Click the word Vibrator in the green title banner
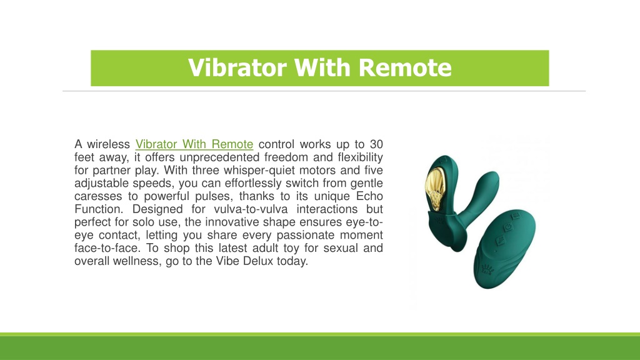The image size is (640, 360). pyautogui.click(x=237, y=67)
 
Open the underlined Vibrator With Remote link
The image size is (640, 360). pyautogui.click(x=194, y=144)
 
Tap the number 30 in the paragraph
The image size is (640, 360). pyautogui.click(x=376, y=144)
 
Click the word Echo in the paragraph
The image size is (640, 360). pyautogui.click(x=369, y=196)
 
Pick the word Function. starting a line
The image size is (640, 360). pyautogui.click(x=99, y=209)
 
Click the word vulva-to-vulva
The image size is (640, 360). pyautogui.click(x=251, y=209)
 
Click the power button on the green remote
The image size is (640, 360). pyautogui.click(x=507, y=227)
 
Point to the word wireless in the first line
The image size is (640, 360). pyautogui.click(x=108, y=144)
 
